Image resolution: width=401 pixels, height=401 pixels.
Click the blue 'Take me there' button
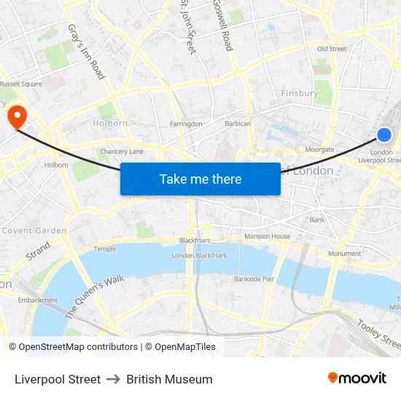(x=200, y=179)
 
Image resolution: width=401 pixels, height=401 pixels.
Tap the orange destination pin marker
(x=16, y=116)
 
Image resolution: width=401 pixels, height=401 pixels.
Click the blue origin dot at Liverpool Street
(x=384, y=134)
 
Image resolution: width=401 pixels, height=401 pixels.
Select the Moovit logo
(x=357, y=378)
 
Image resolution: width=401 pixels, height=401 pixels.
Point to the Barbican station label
(x=238, y=124)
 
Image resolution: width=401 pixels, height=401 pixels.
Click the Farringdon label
(x=186, y=125)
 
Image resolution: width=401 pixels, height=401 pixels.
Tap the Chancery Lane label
(x=122, y=152)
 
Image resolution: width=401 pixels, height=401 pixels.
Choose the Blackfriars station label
(x=195, y=240)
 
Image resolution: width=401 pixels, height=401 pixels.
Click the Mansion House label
(x=267, y=236)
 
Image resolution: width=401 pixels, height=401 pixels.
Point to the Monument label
(x=344, y=254)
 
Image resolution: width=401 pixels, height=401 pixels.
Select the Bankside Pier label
(x=254, y=279)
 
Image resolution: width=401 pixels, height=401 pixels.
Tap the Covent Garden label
(x=34, y=230)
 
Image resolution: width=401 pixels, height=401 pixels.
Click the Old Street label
(x=332, y=49)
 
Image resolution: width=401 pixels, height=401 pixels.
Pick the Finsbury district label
(x=300, y=93)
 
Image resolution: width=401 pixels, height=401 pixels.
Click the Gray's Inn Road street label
(x=87, y=51)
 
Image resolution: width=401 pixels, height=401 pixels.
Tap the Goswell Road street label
(x=222, y=26)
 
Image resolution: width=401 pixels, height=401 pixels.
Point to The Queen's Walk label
(x=95, y=296)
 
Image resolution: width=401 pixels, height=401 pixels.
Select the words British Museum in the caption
(x=169, y=379)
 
